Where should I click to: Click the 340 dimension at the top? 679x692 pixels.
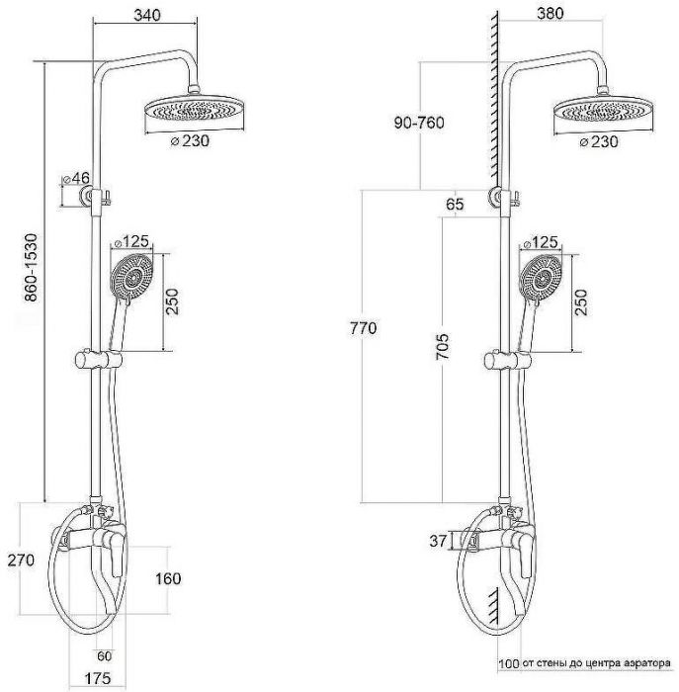point(147,15)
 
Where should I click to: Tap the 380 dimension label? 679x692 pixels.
point(551,14)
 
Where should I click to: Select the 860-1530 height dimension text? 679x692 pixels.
point(32,268)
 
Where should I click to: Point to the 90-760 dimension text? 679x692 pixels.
point(419,123)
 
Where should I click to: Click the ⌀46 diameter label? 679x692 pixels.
point(76,178)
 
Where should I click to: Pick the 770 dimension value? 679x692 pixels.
point(364,328)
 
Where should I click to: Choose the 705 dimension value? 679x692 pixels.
point(443,347)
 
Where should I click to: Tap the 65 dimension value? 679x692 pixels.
point(455,205)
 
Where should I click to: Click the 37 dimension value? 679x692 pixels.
point(438,541)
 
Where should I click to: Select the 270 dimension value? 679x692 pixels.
point(21,561)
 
